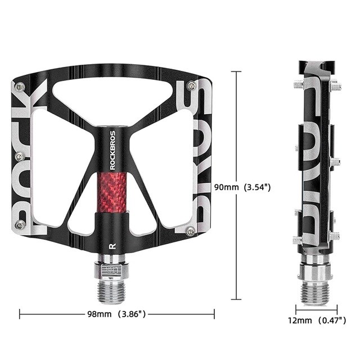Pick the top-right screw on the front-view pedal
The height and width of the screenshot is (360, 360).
191,85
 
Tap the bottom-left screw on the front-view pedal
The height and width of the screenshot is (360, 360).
21,226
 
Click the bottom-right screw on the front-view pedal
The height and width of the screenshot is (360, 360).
191,230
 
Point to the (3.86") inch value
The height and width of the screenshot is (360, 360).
132,314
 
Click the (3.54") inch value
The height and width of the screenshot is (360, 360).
258,187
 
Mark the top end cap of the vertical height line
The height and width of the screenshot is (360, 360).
236,71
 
